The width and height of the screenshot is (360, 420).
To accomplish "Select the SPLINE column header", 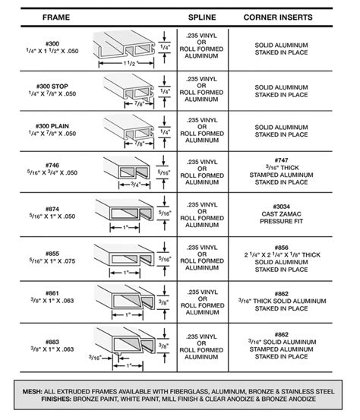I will [202, 16].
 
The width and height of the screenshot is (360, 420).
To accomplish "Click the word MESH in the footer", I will [32, 391].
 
